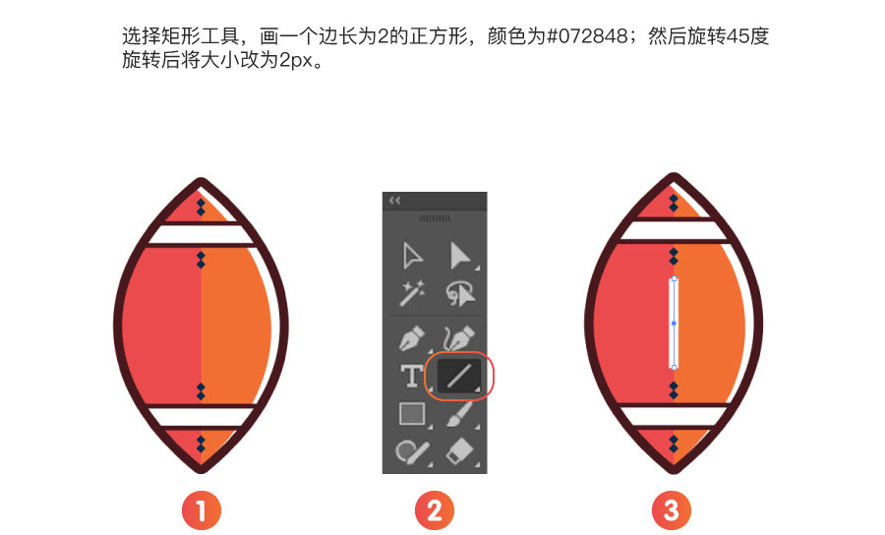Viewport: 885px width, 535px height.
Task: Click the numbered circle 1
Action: [201, 510]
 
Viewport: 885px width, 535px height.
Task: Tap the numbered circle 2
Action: [434, 510]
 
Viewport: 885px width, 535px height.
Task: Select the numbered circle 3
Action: [671, 510]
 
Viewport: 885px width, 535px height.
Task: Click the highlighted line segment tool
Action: [459, 376]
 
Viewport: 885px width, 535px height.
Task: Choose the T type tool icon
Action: [411, 376]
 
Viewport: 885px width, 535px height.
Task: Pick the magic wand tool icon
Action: [411, 293]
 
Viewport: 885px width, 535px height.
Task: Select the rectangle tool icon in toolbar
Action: [412, 414]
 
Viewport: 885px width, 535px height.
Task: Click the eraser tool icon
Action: [460, 451]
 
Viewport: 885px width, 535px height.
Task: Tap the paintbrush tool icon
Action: [459, 414]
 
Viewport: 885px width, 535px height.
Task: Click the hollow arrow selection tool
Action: [411, 256]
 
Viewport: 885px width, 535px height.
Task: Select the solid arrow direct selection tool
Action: [460, 256]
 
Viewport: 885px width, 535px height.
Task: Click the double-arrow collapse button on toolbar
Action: [394, 201]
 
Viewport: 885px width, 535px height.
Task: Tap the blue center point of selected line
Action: [674, 324]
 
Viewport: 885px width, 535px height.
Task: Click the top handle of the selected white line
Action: [674, 278]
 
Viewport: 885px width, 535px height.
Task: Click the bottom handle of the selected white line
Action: [674, 368]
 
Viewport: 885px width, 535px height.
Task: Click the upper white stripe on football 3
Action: [674, 230]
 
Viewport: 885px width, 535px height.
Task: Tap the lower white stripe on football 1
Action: [201, 416]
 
